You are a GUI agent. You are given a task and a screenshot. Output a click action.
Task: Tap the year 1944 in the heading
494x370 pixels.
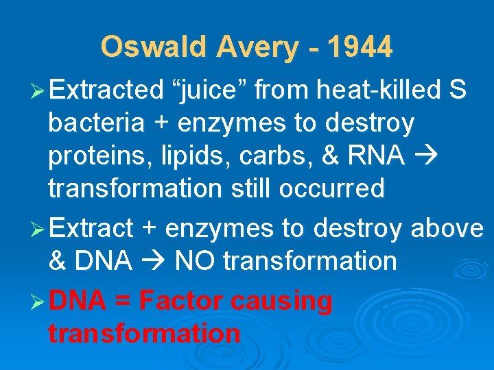(360, 47)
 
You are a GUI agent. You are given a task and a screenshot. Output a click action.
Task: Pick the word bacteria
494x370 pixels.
(96, 123)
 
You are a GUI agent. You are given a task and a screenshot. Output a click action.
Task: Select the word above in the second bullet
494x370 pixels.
(447, 228)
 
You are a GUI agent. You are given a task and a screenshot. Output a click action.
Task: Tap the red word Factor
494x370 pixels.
(183, 300)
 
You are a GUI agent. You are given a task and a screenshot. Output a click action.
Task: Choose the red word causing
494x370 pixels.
(282, 301)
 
